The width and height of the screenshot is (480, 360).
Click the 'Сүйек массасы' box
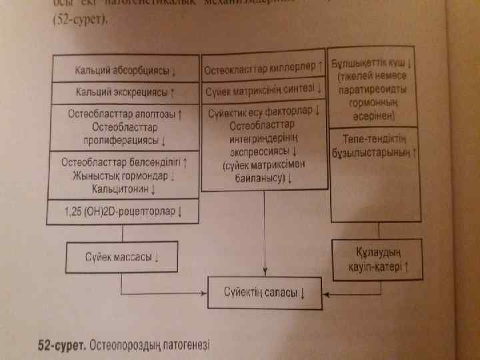[x=121, y=255]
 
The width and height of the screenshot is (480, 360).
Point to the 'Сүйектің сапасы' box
[x=265, y=292]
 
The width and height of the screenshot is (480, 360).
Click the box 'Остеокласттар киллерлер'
[x=263, y=68]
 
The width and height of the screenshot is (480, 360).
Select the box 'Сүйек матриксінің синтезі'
[x=263, y=89]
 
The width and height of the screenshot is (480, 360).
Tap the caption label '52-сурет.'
[x=60, y=345]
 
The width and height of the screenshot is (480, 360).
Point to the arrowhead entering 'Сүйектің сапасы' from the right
[x=325, y=292]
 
